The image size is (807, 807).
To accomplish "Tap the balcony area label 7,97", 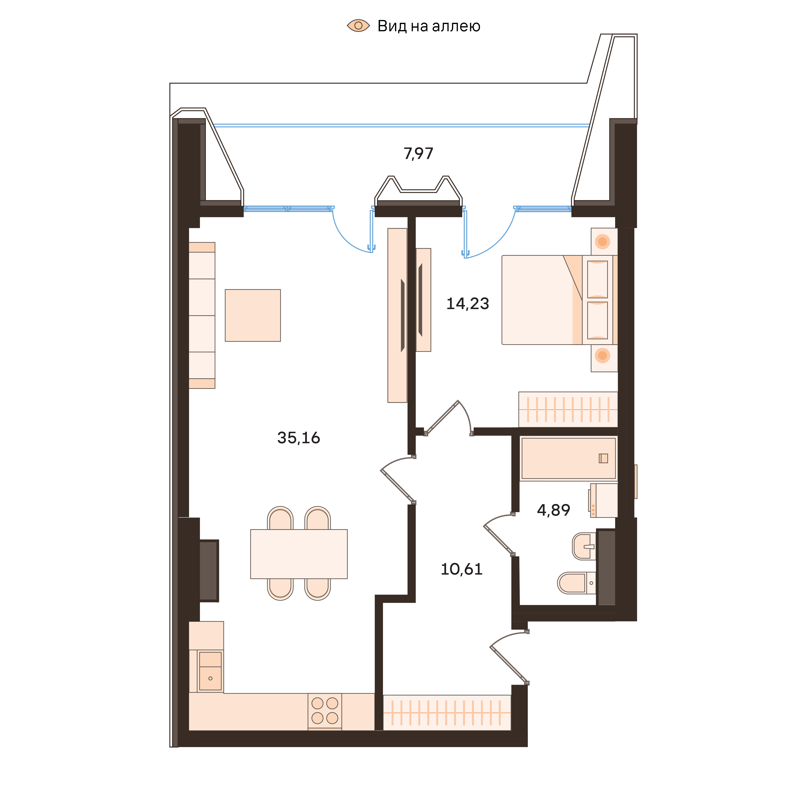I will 418,154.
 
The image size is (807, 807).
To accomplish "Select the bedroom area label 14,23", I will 467,304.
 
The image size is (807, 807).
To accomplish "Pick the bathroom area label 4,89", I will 553,510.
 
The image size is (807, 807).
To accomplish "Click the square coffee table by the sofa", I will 253,315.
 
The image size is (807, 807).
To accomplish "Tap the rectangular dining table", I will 299,554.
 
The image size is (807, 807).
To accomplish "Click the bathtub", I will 568,458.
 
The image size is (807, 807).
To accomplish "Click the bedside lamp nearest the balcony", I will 602,241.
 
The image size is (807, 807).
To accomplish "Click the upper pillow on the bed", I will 597,279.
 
